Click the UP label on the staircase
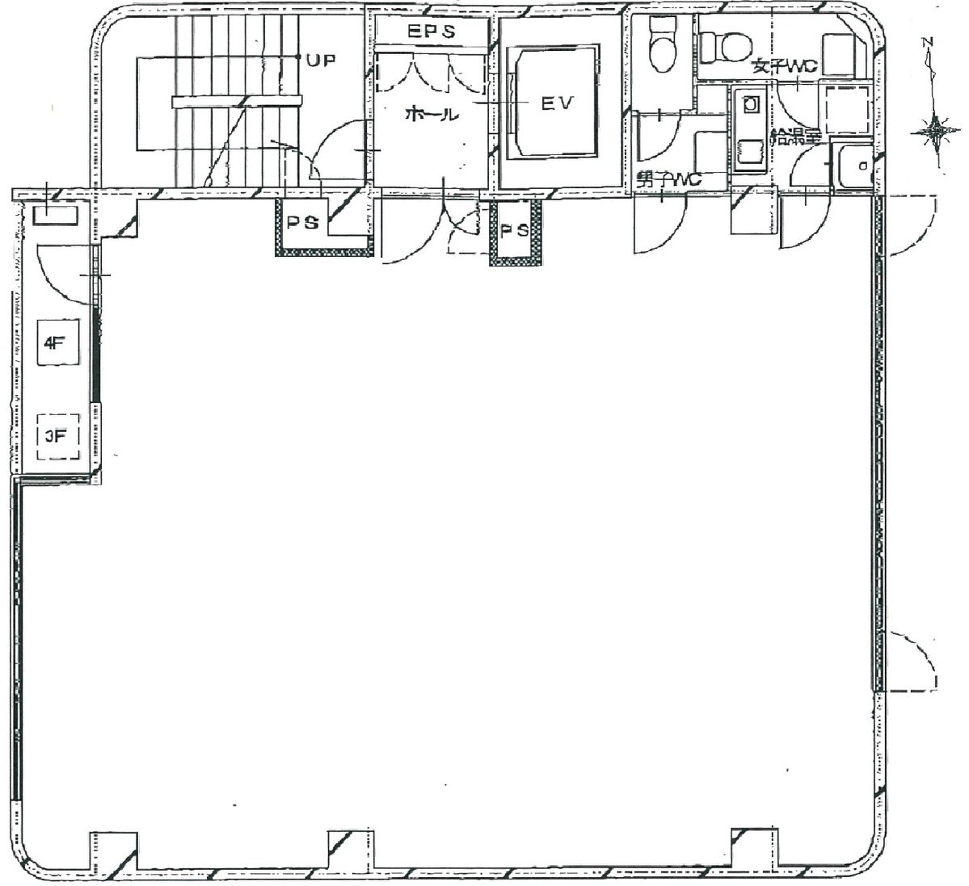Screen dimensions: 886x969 (x=321, y=59)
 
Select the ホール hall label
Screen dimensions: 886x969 (x=432, y=115)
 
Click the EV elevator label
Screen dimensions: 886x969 (x=557, y=103)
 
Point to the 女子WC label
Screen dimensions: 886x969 (x=782, y=67)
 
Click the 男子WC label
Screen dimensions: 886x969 (x=667, y=180)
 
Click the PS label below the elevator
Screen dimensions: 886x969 (x=514, y=231)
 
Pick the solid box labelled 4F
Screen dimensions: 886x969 (x=54, y=342)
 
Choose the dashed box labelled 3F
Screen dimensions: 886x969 (x=55, y=437)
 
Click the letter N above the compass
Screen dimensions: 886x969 (x=929, y=43)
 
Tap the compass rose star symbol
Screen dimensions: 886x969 (x=936, y=129)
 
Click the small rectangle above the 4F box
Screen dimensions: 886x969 (x=55, y=216)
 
